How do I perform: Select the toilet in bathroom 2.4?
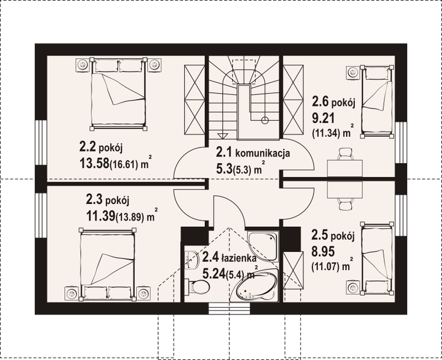click(x=196, y=288)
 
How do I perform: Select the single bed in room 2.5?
click(x=377, y=255)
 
